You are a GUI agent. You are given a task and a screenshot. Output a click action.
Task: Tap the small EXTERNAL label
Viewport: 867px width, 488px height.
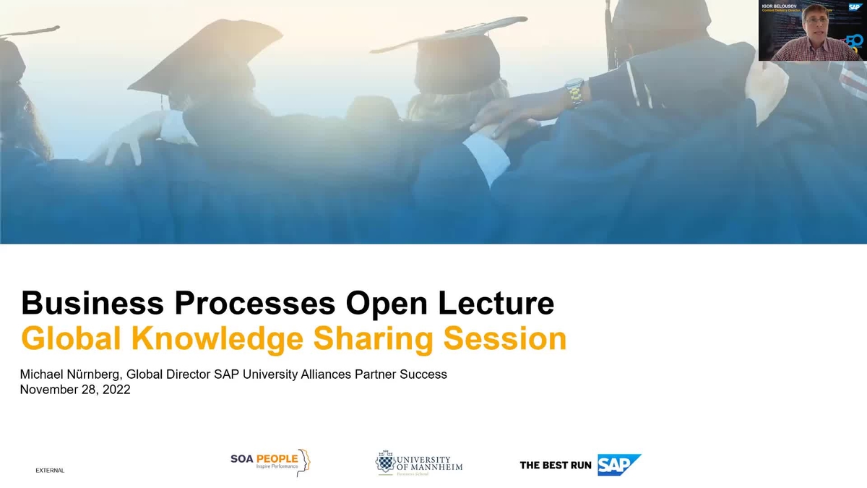[50, 471]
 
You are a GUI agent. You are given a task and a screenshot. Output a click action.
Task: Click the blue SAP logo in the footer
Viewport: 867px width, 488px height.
[618, 464]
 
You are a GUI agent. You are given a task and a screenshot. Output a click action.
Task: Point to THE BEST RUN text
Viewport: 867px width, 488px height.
[555, 465]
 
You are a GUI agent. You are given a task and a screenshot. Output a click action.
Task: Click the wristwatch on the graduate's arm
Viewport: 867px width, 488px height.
[574, 91]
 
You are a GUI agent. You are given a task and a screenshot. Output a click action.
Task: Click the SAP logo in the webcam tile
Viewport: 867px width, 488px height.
[855, 7]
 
